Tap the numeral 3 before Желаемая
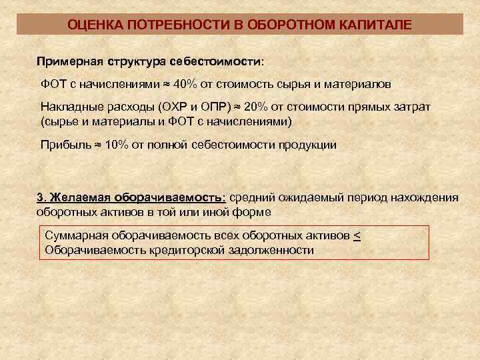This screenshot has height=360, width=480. [x=39, y=197]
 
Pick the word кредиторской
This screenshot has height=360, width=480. [x=187, y=251]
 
